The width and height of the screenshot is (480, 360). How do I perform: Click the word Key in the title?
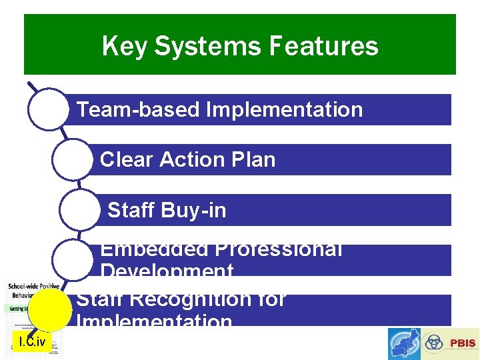[x=127, y=47]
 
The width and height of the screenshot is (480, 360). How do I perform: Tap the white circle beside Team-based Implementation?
[x=48, y=109]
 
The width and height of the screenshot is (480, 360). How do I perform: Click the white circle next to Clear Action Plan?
[x=71, y=159]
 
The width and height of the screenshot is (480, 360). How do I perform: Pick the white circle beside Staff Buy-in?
[x=79, y=210]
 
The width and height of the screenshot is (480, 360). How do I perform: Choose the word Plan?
[x=253, y=160]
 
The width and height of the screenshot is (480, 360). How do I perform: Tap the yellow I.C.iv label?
[x=32, y=343]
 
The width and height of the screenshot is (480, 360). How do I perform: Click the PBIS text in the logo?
[x=463, y=343]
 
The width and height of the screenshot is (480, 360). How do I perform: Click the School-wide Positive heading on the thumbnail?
[x=33, y=286]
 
